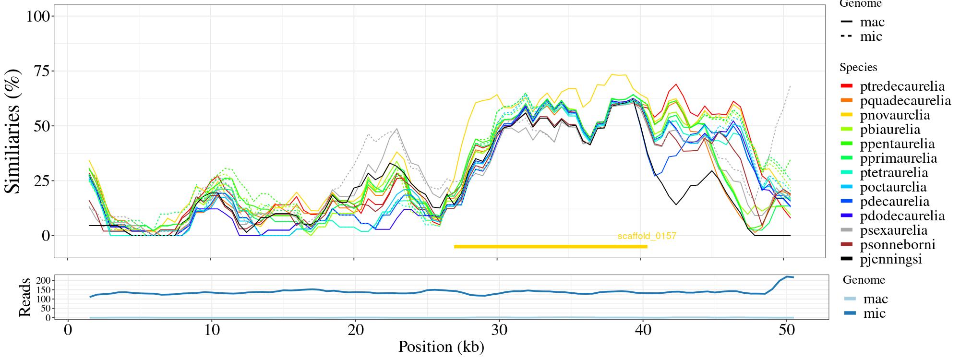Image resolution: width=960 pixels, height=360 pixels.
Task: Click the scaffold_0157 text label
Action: coord(647,236)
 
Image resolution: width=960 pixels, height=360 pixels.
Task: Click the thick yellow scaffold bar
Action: coord(551,247)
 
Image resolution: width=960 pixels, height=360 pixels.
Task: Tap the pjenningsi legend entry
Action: coord(891,259)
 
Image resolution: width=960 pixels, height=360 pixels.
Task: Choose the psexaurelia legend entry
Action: coord(893,230)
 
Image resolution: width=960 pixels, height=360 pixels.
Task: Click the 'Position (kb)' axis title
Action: coord(441,347)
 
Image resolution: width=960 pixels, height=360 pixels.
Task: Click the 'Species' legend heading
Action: coord(858,67)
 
